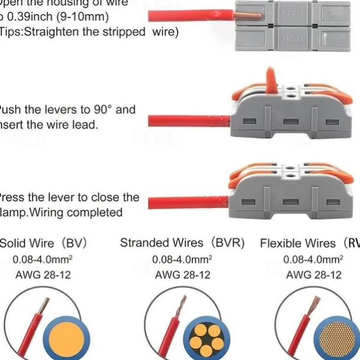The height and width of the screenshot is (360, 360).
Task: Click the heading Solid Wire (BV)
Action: coord(35,243)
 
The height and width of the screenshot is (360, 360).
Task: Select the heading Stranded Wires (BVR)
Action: coord(182,243)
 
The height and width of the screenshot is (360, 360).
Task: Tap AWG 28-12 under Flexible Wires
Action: coord(313,275)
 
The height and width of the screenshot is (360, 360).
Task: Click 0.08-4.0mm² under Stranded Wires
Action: coord(182,259)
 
